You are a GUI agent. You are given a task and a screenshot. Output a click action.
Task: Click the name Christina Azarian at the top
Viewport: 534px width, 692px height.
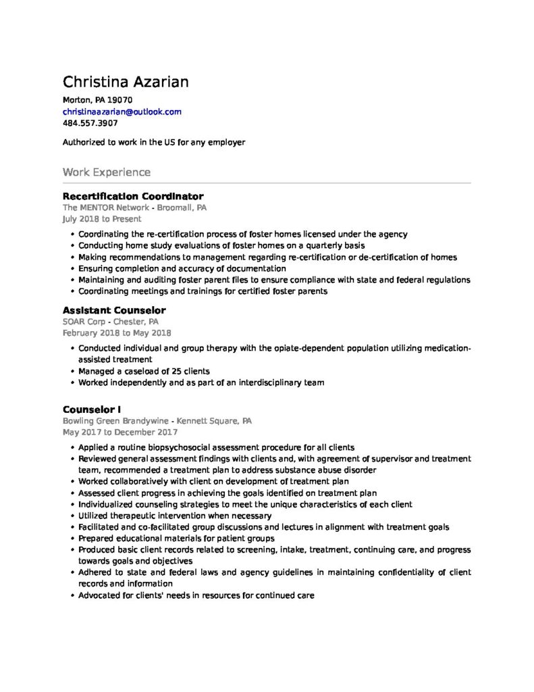point(126,82)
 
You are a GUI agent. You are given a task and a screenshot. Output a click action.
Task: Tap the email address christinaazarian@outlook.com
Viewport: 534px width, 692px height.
point(122,112)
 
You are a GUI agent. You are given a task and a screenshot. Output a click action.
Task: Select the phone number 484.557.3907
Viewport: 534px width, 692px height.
point(90,123)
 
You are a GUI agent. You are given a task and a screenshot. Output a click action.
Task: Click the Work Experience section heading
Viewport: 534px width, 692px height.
point(106,172)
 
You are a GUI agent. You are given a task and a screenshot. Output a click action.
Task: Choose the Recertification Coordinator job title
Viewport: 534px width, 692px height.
point(132,196)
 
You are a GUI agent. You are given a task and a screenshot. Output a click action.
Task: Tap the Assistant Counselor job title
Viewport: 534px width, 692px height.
point(113,310)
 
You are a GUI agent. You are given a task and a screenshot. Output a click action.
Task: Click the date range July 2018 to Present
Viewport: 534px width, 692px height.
point(102,219)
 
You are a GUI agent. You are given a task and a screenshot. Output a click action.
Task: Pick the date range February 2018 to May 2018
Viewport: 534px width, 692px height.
point(116,332)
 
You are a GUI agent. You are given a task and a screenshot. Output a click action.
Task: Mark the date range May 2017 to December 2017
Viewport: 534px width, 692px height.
point(119,432)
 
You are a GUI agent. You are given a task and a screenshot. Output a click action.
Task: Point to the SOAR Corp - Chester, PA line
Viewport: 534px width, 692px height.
point(110,322)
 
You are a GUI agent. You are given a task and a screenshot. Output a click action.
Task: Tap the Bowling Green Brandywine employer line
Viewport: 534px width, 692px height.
point(157,420)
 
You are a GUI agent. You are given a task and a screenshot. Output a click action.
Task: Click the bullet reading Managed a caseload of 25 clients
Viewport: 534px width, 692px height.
point(144,371)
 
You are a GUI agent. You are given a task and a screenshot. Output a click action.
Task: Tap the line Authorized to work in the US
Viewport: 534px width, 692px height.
point(153,143)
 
